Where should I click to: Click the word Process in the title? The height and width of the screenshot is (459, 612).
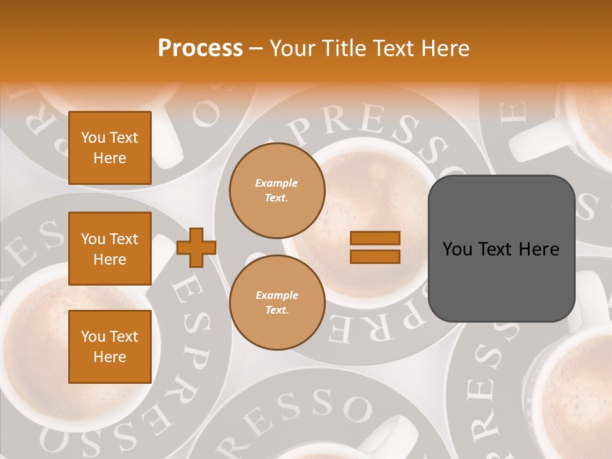(x=200, y=48)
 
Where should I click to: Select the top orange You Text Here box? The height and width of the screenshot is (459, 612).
(x=110, y=148)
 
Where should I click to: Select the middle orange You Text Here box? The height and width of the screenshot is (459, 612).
(x=110, y=249)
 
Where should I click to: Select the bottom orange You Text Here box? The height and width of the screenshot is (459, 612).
(x=110, y=346)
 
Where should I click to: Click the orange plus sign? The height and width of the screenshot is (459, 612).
(x=196, y=247)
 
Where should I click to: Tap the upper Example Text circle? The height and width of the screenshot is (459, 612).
(x=277, y=191)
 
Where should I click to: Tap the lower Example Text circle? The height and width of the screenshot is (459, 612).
(x=277, y=303)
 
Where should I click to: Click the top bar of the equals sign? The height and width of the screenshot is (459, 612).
(x=375, y=238)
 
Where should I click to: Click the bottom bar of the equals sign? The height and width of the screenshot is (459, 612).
(x=375, y=256)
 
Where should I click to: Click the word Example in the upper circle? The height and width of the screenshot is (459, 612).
(x=276, y=183)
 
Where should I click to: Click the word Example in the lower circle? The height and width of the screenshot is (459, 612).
(x=277, y=295)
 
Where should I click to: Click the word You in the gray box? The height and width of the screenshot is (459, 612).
(x=458, y=249)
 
